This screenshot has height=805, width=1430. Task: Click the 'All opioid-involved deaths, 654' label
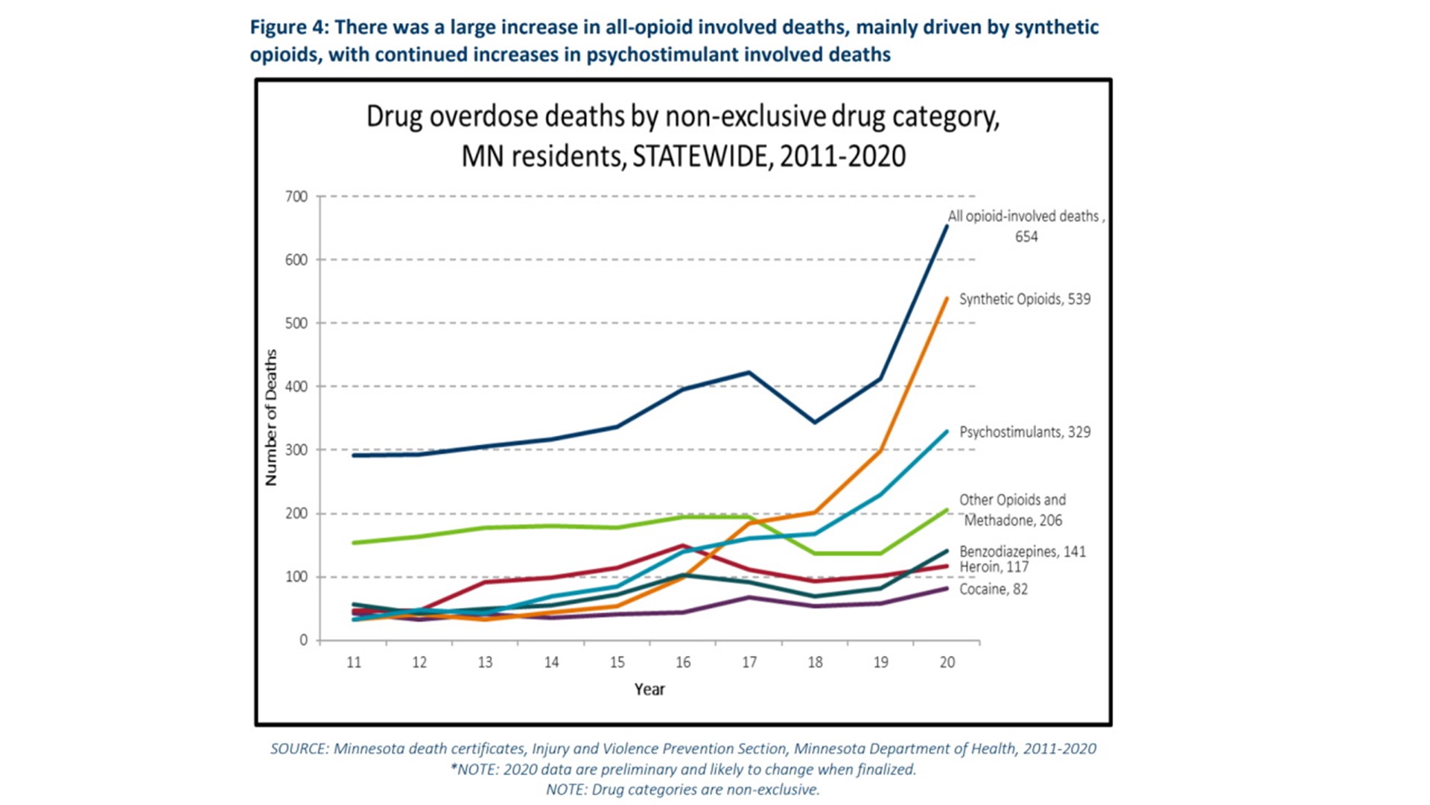point(1025,226)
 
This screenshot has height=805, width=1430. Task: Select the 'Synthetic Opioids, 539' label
point(1024,299)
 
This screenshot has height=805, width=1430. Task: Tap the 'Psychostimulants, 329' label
point(1024,432)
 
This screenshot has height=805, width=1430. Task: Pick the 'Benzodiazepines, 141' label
point(1022,552)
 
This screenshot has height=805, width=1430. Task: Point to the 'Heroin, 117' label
point(994,567)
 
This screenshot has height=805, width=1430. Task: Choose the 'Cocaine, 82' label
point(993,590)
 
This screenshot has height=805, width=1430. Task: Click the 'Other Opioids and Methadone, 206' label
point(1012,510)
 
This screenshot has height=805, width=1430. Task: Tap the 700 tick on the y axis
point(296,197)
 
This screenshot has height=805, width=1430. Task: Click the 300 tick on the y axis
point(296,450)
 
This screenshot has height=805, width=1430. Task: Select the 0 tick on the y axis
point(303,640)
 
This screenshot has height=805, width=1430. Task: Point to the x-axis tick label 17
point(749,663)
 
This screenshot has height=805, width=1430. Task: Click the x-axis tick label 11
point(354,663)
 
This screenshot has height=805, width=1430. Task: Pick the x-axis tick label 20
point(947,663)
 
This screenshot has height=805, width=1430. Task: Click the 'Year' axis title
point(649,689)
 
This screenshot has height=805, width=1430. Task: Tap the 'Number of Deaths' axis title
point(271,417)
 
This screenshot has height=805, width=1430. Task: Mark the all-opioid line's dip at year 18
point(815,423)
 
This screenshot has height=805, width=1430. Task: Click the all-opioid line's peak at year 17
point(749,372)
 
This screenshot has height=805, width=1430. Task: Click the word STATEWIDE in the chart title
point(699,157)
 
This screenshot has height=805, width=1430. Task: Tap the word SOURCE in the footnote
point(298,749)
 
